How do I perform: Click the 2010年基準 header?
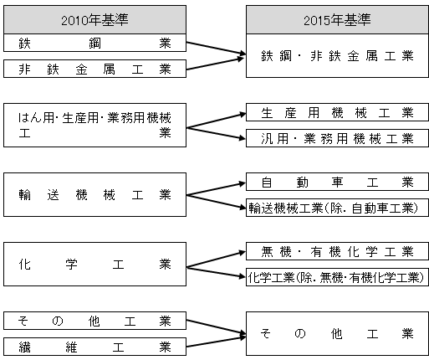[x=94, y=20]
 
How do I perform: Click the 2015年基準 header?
[x=337, y=20]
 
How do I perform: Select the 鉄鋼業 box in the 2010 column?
[x=94, y=43]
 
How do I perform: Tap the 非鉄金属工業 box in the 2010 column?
[x=94, y=69]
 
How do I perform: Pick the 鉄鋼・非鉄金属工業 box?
[x=337, y=56]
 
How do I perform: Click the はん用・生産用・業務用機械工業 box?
[x=94, y=125]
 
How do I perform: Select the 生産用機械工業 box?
[x=337, y=112]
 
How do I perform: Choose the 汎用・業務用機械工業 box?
[x=337, y=138]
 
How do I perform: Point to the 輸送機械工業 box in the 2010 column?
[x=94, y=194]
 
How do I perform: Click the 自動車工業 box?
[x=337, y=182]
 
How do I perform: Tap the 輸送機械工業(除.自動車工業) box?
[x=337, y=208]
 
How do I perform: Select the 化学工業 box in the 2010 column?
[x=94, y=264]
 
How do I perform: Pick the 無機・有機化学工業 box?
[x=337, y=251]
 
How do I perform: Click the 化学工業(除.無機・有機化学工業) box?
[x=337, y=277]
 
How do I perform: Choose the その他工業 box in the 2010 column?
[x=94, y=321]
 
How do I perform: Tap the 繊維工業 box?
[x=94, y=347]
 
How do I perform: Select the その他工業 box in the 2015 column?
[x=337, y=333]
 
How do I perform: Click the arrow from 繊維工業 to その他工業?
[x=216, y=342]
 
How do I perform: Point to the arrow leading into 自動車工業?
[x=216, y=189]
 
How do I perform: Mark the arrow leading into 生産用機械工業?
[x=216, y=121]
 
